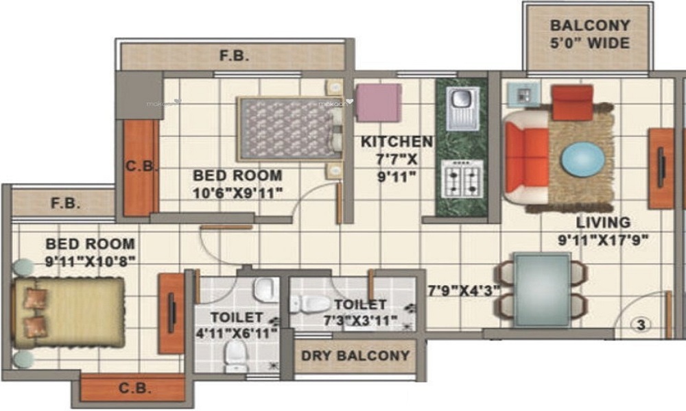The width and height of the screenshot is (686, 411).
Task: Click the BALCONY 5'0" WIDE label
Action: coord(589,34)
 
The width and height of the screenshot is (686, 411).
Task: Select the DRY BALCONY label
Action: coord(355,356)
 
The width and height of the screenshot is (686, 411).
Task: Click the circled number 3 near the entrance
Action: coord(641,325)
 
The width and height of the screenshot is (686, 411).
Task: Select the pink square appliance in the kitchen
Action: coord(378,103)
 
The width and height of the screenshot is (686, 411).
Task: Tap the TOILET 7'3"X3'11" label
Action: coord(360,312)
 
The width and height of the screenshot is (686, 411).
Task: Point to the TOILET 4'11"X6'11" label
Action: coord(235,325)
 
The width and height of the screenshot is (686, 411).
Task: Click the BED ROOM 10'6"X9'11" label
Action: coord(237,183)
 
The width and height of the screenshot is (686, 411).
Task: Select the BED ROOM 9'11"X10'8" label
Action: coord(90,251)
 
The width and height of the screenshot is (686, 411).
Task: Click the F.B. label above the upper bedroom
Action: coord(234,56)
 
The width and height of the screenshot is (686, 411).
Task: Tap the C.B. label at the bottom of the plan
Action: coord(135,389)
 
